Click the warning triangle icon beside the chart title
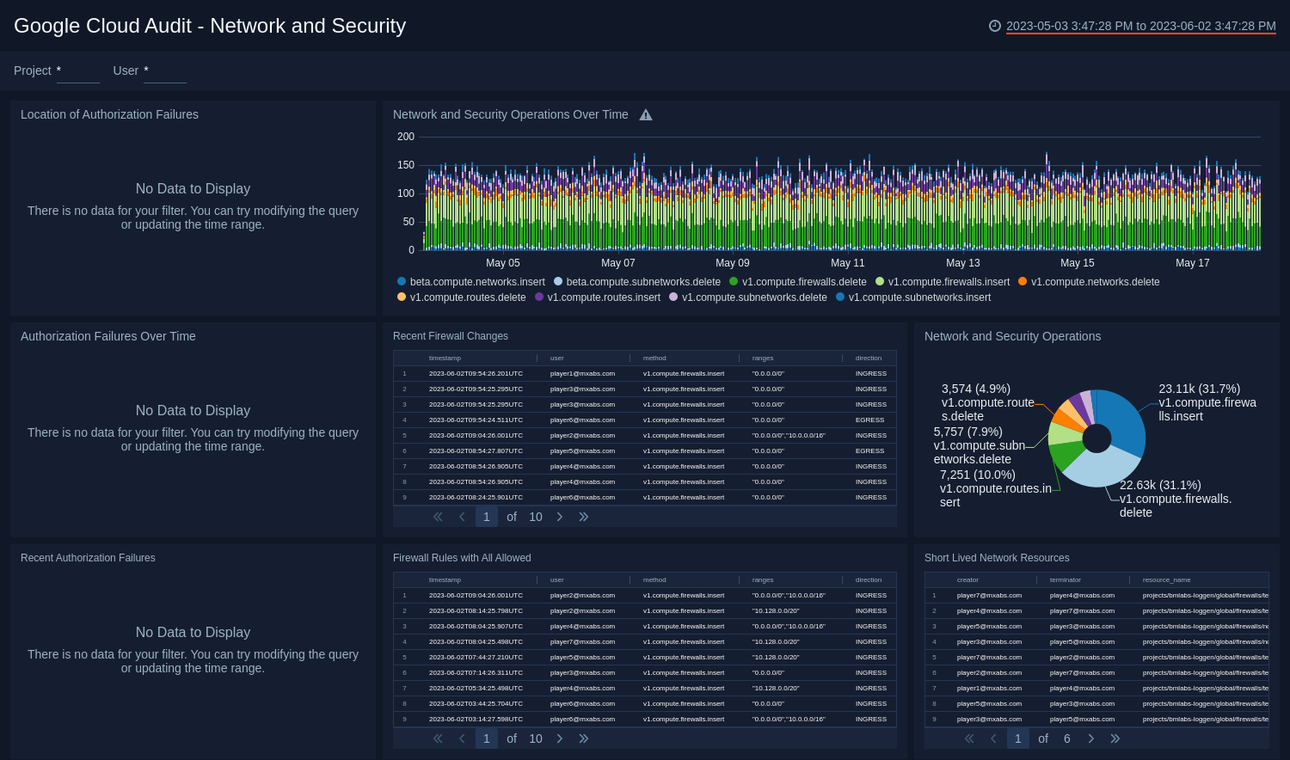click(x=646, y=115)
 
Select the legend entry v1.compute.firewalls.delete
click(x=803, y=282)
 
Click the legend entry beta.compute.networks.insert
click(x=476, y=282)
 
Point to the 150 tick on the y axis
click(x=406, y=165)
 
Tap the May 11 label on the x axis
click(x=847, y=263)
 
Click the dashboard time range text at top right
click(x=1140, y=26)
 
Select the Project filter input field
click(x=77, y=71)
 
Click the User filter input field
click(x=164, y=71)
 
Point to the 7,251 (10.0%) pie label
click(x=977, y=475)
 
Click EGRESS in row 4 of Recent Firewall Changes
click(x=869, y=420)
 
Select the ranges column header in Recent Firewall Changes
click(x=763, y=359)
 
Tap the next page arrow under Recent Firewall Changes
click(x=560, y=517)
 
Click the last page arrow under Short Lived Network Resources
click(x=1115, y=739)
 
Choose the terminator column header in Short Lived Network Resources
click(x=1065, y=580)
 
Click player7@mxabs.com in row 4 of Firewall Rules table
click(x=582, y=642)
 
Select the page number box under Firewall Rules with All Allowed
click(x=487, y=739)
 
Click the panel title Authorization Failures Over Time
click(x=108, y=336)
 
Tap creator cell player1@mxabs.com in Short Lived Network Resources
click(x=989, y=689)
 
